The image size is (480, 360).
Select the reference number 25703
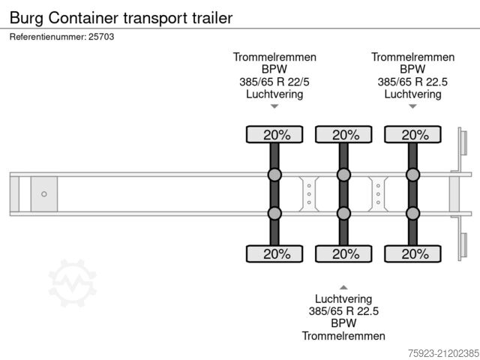point(100,36)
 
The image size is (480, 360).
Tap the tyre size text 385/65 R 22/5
point(274,82)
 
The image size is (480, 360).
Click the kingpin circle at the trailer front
point(43,194)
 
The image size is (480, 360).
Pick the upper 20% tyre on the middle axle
point(343,135)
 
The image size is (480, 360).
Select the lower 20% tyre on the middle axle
point(343,253)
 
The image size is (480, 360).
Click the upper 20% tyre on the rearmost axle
point(412,135)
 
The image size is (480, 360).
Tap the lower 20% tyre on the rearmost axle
point(412,253)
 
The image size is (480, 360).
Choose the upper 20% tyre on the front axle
point(274,135)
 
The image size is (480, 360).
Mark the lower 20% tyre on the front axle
point(274,253)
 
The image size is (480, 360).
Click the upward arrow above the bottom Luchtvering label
point(343,286)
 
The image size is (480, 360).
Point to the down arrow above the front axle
point(274,106)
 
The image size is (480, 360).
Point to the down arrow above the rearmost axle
point(412,106)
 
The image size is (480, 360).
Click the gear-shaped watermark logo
point(73,283)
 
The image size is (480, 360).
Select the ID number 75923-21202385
point(434,352)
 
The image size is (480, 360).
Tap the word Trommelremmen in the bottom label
point(343,335)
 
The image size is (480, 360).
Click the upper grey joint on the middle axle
point(343,175)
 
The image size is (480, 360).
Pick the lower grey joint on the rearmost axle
point(412,213)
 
